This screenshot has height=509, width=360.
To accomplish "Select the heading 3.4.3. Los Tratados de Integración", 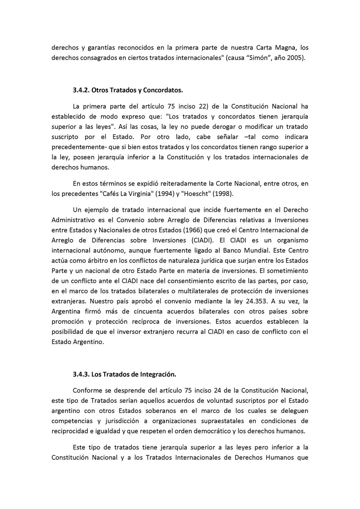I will (124, 374).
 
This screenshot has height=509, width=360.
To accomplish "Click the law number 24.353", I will (255, 301).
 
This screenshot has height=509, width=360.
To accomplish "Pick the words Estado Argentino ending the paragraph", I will (77, 342).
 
